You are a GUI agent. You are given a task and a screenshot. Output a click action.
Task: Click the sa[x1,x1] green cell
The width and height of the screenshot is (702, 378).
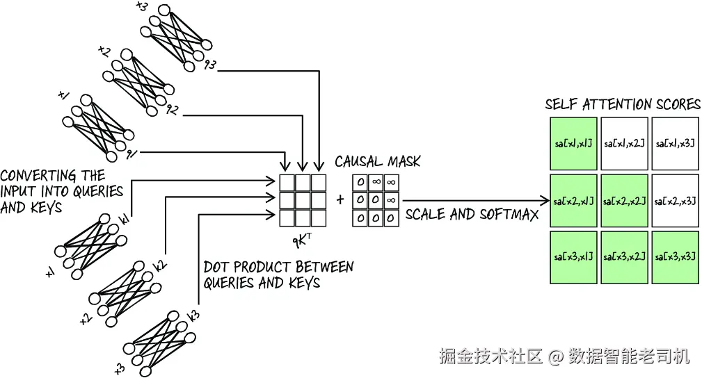(573, 144)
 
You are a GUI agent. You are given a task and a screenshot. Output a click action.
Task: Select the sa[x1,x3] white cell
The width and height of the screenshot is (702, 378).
(675, 144)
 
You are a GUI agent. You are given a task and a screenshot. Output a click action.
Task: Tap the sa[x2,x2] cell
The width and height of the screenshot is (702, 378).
(624, 201)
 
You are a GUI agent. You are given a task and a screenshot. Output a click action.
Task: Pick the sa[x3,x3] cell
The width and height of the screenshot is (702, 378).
(675, 257)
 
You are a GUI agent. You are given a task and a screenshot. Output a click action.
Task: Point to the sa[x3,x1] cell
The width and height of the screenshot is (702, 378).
(573, 257)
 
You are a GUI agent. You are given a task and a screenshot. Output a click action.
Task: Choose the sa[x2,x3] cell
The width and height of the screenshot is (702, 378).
(675, 201)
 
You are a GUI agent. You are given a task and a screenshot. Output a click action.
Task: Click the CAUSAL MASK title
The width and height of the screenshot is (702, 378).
(377, 161)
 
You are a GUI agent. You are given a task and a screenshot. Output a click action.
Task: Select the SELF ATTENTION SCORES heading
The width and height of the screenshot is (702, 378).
(623, 104)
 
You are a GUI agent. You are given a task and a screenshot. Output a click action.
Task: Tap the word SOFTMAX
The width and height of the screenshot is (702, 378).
(509, 214)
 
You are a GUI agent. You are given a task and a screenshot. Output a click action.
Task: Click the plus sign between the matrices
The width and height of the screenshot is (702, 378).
(340, 199)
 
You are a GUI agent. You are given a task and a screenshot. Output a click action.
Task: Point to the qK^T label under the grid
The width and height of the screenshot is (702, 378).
(302, 240)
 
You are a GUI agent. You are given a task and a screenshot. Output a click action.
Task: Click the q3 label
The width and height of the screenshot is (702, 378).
(210, 65)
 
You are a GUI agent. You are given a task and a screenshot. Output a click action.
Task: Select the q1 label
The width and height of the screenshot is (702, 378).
(131, 154)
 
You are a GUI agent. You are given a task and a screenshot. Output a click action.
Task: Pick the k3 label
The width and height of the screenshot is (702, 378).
(194, 315)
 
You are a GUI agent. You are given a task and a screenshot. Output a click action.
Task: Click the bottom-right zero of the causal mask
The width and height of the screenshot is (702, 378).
(391, 218)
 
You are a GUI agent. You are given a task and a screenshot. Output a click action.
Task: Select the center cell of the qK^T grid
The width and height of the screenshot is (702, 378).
(303, 200)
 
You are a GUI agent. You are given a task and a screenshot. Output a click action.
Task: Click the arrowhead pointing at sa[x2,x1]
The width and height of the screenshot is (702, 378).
(545, 200)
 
